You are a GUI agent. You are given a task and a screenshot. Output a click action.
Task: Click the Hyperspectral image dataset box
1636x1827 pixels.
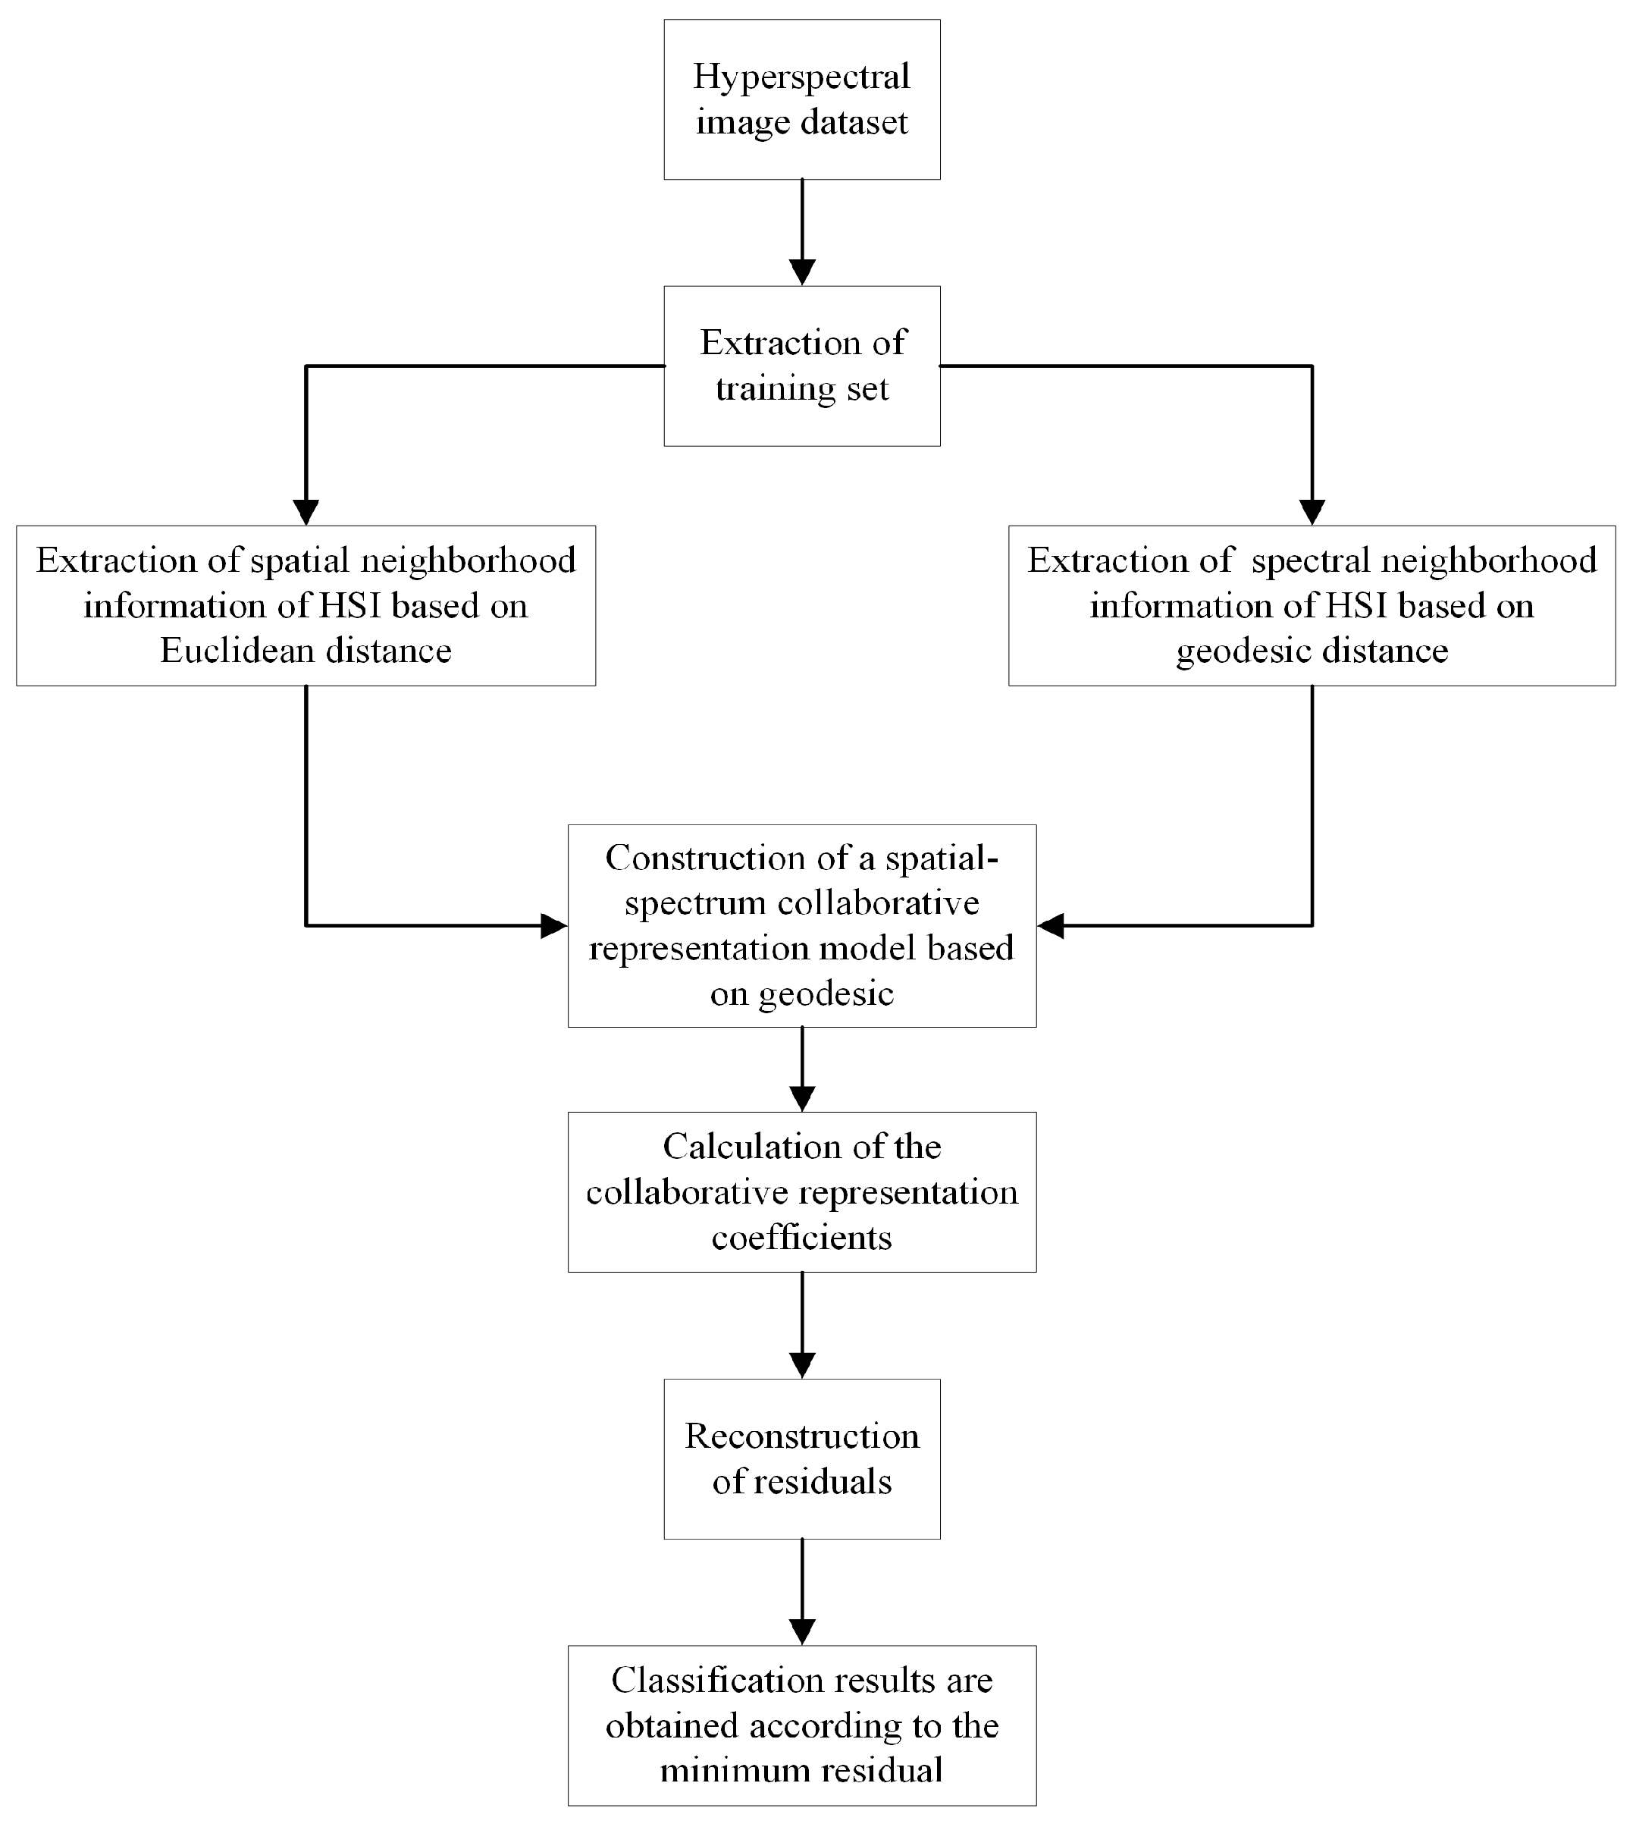tap(802, 99)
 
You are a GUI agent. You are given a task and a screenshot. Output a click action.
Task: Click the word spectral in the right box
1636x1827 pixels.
tap(1311, 561)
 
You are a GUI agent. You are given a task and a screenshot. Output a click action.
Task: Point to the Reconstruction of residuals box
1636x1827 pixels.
tap(802, 1458)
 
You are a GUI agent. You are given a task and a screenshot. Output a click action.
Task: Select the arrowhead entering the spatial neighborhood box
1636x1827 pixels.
tap(306, 512)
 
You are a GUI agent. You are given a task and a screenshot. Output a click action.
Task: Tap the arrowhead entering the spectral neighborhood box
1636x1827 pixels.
tap(1312, 512)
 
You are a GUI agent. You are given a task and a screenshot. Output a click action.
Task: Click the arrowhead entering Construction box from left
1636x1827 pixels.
tap(553, 925)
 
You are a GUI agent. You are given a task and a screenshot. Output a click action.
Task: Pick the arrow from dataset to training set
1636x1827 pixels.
tap(802, 232)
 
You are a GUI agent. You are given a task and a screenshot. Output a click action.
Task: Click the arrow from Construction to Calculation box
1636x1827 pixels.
tap(802, 1070)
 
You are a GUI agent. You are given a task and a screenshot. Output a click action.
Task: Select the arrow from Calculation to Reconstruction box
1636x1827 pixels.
tap(802, 1324)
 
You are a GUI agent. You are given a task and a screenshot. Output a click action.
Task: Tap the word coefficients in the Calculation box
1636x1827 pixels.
tap(802, 1238)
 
